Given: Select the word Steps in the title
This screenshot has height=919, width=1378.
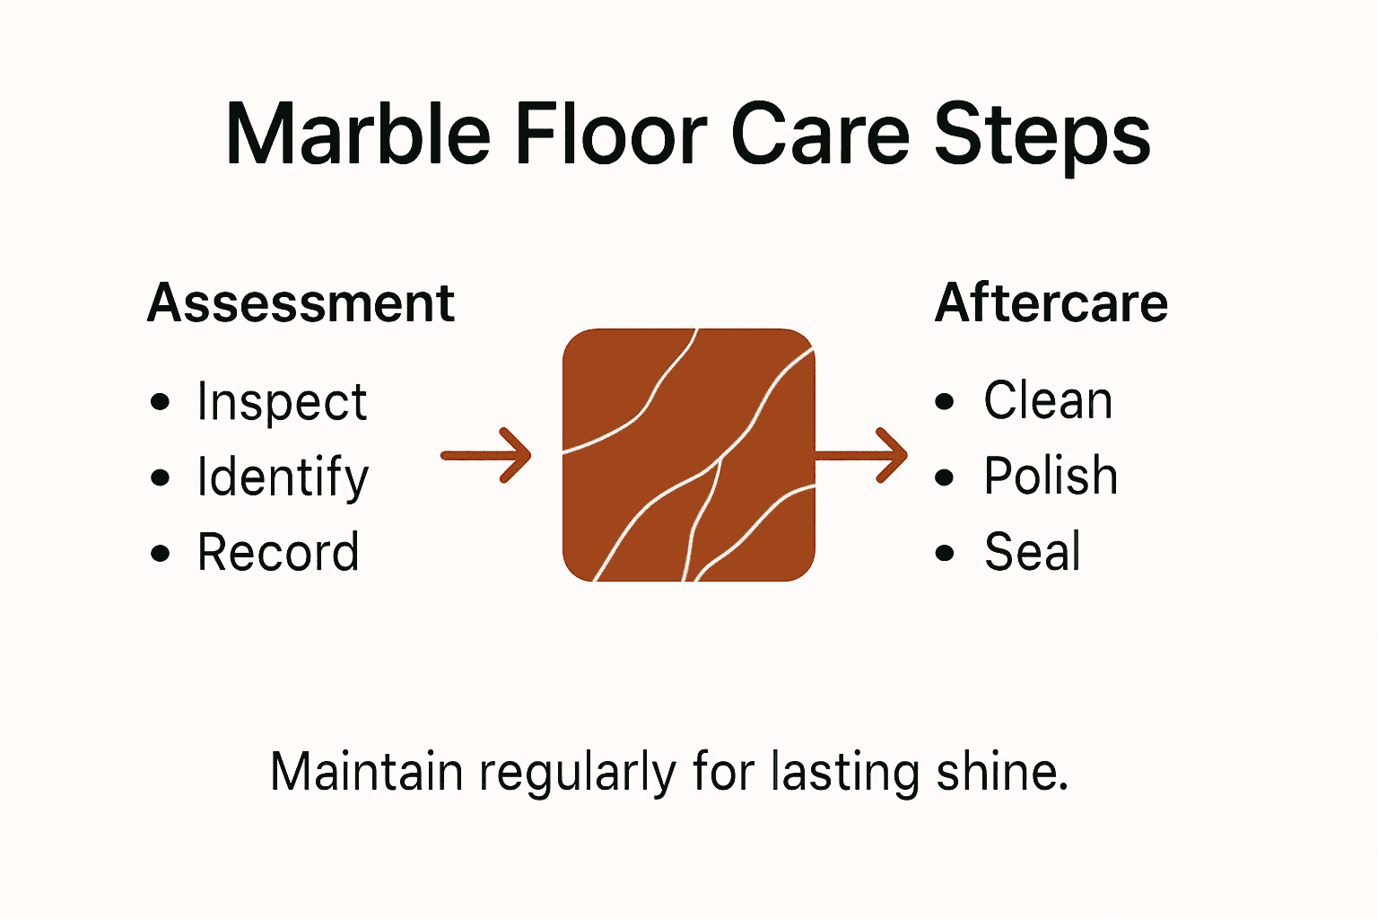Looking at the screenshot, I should click(x=1042, y=136).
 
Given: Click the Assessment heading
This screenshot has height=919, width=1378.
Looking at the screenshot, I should click(x=301, y=302).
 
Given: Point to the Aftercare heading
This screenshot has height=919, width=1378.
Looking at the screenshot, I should click(x=1051, y=302).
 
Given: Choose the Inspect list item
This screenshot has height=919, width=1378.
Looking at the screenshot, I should click(x=282, y=401).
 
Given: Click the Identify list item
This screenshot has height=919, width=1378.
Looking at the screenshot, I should click(x=283, y=477).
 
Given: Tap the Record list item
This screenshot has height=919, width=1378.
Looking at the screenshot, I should click(x=278, y=552).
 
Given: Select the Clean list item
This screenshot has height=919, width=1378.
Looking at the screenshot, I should click(x=1048, y=400).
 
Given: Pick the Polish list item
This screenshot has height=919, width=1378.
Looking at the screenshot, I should click(x=1051, y=476).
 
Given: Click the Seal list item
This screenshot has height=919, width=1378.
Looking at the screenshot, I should click(x=1033, y=551).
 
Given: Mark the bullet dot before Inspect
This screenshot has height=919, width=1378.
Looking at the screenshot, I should click(x=161, y=402).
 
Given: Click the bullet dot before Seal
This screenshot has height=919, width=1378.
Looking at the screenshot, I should click(x=945, y=553).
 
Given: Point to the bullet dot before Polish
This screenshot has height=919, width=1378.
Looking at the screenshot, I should click(x=945, y=477).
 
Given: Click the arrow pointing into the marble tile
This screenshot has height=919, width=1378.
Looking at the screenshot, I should click(x=486, y=456).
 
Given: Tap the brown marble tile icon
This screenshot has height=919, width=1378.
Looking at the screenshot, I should click(x=688, y=455).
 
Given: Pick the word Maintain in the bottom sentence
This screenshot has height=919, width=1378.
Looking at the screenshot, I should click(x=366, y=772).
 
